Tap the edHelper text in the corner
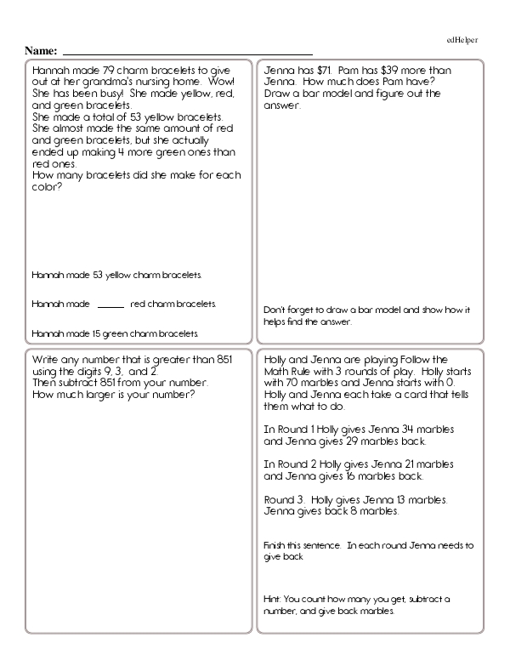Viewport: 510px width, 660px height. [x=462, y=40]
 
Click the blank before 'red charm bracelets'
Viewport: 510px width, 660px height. [x=110, y=304]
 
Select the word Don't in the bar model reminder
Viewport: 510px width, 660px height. [x=275, y=309]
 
